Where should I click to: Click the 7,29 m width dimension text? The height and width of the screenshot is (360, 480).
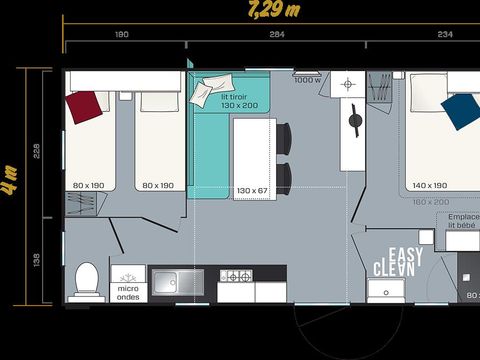tap(276, 12)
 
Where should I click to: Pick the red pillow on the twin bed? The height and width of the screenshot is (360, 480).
tap(85, 105)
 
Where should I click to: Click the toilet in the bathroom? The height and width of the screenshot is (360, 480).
tap(89, 280)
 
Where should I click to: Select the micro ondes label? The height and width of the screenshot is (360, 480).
tap(129, 292)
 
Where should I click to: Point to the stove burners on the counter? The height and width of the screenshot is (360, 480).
tap(236, 276)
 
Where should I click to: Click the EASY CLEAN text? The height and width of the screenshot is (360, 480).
tap(398, 262)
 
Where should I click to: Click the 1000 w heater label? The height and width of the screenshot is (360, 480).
tap(307, 81)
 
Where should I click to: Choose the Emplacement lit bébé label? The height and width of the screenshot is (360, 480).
tap(463, 222)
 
